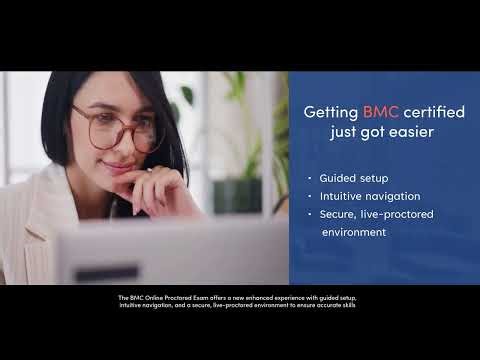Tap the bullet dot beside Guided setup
tap(310, 177)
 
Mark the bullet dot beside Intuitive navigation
tap(310, 195)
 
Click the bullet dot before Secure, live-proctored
tap(310, 214)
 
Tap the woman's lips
tap(119, 167)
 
